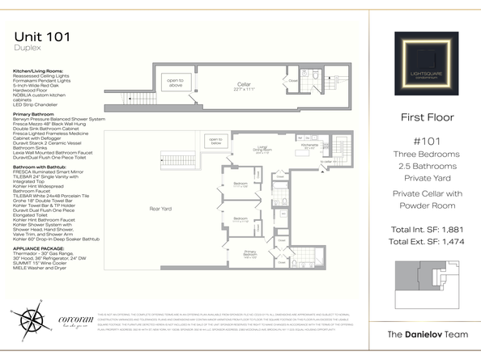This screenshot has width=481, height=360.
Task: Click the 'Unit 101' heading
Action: tap(42, 36)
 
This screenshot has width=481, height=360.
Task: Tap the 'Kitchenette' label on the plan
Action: tap(309, 147)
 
